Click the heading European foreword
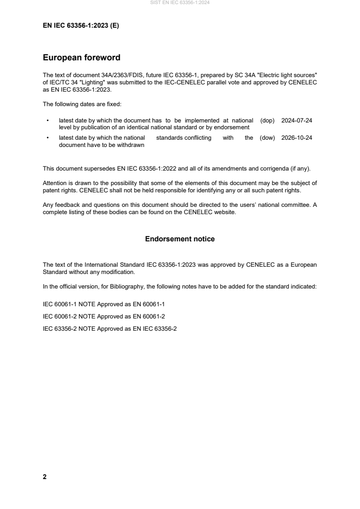pos(81,58)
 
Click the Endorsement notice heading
pos(180,239)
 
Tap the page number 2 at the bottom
pos(44,477)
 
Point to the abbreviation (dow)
pos(267,138)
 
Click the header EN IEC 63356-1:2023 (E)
pos(81,26)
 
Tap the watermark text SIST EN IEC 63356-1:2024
pos(180,3)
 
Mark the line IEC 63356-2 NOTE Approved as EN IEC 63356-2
pos(110,328)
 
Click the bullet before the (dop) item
pos(48,121)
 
